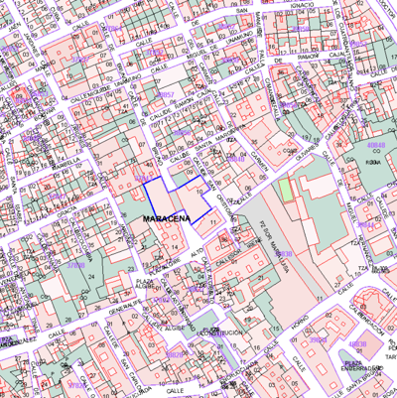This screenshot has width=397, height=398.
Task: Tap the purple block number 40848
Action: click(376, 145)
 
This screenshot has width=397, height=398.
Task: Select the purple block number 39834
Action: click(319, 340)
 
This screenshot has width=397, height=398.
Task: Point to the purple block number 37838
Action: click(74, 266)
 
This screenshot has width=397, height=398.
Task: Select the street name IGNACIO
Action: click(304, 5)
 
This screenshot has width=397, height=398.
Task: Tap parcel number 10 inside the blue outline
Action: click(200, 192)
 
